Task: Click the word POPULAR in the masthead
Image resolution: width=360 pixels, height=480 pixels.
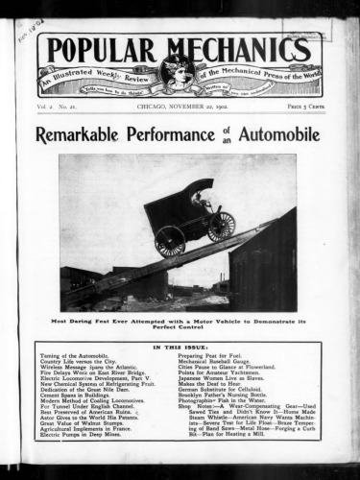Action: coord(100,53)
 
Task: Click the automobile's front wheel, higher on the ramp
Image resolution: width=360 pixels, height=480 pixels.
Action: coord(221,226)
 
